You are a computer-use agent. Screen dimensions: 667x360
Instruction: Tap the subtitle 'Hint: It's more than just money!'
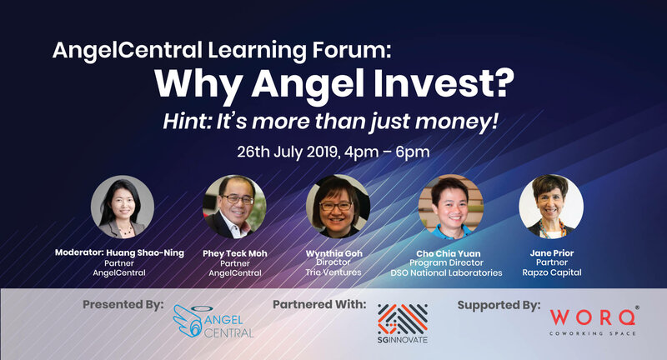[x=330, y=122]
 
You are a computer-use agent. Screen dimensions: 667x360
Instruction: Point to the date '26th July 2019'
[x=288, y=152]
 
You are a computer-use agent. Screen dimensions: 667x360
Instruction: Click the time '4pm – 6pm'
[x=387, y=152]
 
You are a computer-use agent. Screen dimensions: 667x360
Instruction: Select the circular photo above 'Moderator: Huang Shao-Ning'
[x=123, y=207]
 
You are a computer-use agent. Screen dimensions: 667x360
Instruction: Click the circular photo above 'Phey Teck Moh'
[x=234, y=207]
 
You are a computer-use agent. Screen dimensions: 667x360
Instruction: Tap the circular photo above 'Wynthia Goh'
[x=339, y=207]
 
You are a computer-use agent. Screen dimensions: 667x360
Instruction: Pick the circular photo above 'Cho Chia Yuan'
[x=451, y=207]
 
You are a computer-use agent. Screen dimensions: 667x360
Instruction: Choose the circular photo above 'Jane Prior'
[x=551, y=207]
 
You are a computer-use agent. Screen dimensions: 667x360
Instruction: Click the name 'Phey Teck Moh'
[x=235, y=253]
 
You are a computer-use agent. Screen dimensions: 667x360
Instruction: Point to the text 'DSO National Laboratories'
[x=446, y=272]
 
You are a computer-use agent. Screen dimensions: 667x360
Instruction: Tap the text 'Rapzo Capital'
[x=552, y=272]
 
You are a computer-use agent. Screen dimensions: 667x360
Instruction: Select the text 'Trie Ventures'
[x=333, y=272]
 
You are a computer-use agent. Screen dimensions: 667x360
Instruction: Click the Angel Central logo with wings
[x=213, y=322]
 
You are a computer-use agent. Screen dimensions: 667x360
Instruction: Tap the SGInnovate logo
[x=403, y=323]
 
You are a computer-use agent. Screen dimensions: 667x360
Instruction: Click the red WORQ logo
[x=594, y=321]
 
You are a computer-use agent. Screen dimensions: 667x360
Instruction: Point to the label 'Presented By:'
[x=123, y=305]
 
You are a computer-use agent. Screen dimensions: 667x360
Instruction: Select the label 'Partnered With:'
[x=319, y=305]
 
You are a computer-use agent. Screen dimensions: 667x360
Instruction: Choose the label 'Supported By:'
[x=499, y=305]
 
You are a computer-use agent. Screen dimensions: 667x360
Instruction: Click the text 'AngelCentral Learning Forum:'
[x=222, y=51]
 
